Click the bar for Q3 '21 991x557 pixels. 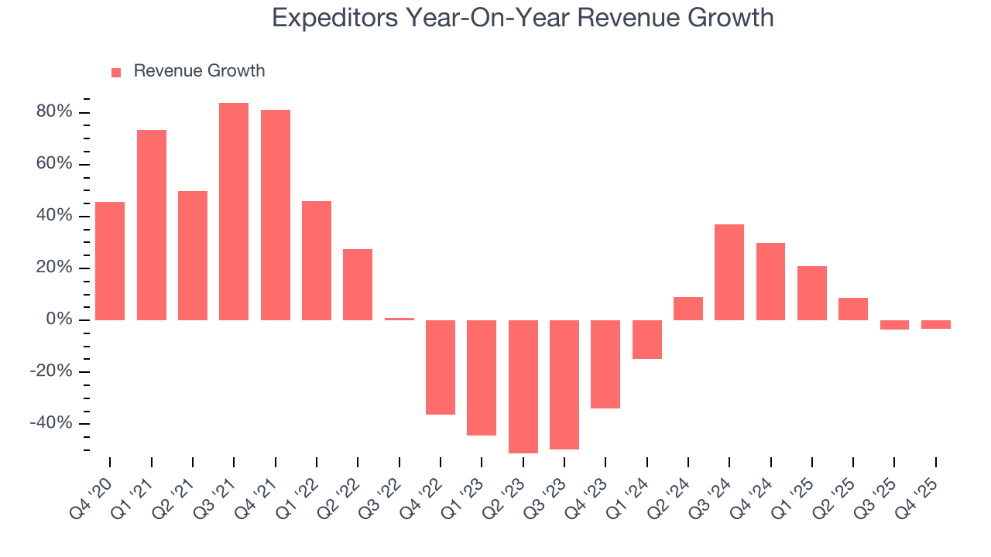tap(234, 211)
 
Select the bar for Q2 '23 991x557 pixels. tap(523, 386)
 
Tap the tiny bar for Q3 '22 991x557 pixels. tap(399, 319)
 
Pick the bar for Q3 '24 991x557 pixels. tap(729, 272)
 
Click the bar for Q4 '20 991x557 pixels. tap(110, 261)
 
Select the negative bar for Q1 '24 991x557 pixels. tap(646, 339)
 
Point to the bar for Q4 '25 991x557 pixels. tap(935, 324)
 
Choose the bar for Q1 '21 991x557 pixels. tap(152, 224)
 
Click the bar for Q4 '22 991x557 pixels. tap(441, 367)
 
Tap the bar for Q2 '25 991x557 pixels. tap(853, 309)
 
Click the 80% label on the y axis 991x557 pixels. tap(54, 112)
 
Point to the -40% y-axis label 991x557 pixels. tap(51, 423)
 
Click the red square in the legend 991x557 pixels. tap(116, 73)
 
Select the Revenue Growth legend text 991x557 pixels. tap(199, 71)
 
